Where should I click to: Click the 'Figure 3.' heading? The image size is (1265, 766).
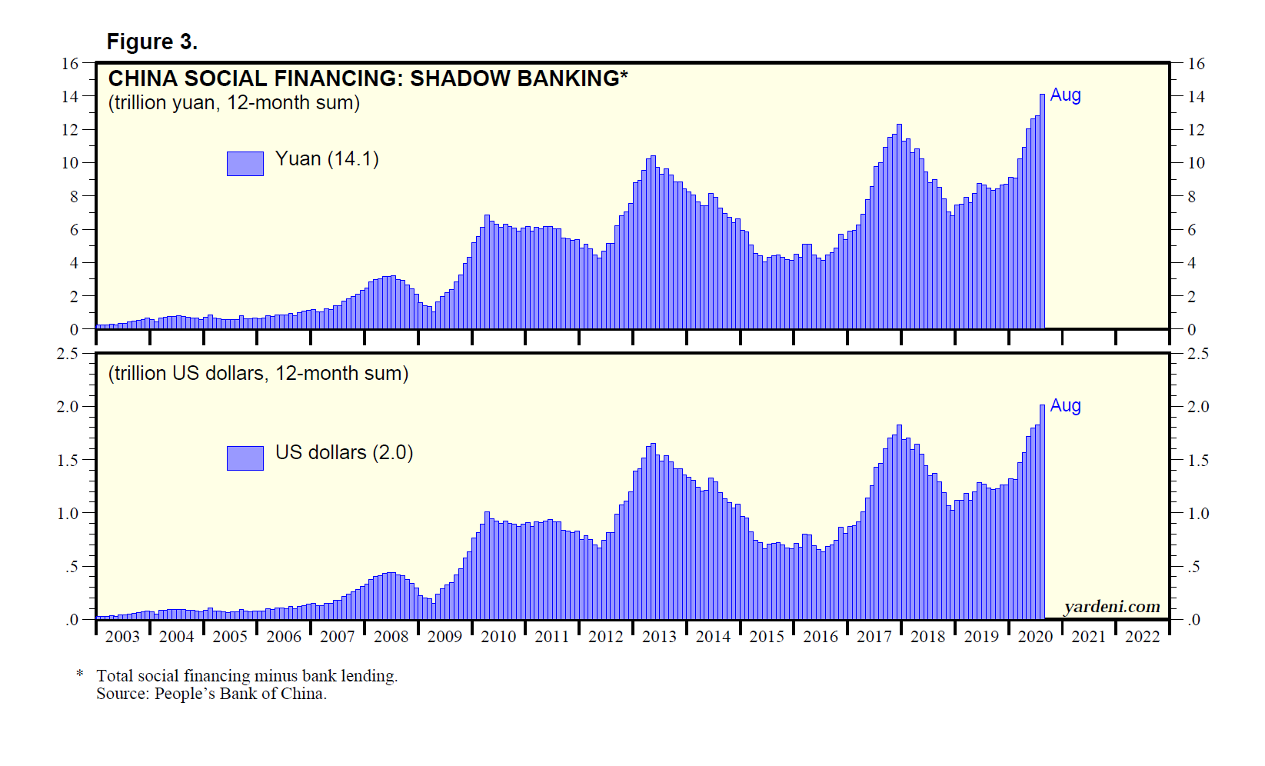click(151, 42)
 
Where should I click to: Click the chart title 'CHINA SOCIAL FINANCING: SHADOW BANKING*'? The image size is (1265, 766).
click(368, 78)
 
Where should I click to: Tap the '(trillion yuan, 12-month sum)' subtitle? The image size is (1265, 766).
click(234, 102)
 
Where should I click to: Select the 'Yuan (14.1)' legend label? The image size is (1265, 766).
click(327, 158)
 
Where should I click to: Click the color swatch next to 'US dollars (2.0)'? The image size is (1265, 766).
click(245, 458)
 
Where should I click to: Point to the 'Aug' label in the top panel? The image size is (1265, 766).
click(1065, 95)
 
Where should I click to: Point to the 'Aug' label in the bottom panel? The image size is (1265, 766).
click(1065, 405)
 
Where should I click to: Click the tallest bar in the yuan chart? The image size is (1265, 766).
click(1042, 211)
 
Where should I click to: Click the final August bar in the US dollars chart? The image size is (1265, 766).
click(1042, 511)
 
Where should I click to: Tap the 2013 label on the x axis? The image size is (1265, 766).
click(659, 637)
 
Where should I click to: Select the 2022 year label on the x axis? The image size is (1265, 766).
click(1142, 637)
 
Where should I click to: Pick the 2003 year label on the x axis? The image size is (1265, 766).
click(122, 637)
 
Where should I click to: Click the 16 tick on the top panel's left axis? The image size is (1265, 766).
click(70, 64)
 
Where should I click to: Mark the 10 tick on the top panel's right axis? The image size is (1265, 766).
click(1196, 163)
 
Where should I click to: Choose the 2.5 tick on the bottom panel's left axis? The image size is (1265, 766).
click(68, 354)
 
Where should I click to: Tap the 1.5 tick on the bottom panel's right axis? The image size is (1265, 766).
click(1197, 460)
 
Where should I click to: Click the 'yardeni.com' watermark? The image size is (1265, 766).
click(1111, 607)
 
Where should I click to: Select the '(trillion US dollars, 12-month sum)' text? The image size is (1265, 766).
click(258, 373)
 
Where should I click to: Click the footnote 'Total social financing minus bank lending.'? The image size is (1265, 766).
click(247, 676)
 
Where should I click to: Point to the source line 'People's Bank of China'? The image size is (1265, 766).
click(240, 694)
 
